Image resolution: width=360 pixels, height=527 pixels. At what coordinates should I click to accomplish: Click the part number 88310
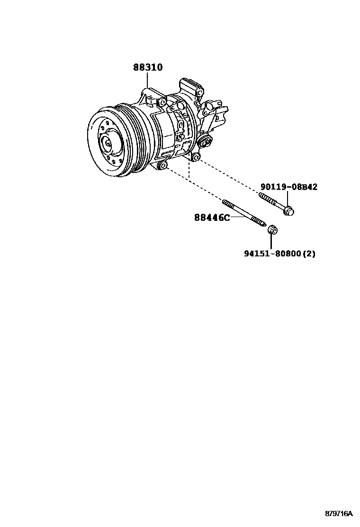(147, 68)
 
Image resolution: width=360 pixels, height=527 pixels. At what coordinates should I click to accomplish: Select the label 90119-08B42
(288, 187)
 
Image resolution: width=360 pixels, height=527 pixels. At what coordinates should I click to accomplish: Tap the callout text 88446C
(212, 218)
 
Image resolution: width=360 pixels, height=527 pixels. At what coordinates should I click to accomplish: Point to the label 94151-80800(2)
(279, 254)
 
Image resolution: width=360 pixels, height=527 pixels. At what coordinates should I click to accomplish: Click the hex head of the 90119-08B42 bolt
(288, 211)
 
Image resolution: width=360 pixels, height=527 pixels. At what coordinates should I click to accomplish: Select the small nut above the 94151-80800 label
(272, 230)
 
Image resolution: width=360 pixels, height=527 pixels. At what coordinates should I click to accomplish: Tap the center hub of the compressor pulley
(108, 142)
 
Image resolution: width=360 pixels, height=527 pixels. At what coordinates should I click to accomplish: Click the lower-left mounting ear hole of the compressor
(162, 165)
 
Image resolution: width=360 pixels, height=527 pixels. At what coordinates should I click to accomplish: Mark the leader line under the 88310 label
(147, 81)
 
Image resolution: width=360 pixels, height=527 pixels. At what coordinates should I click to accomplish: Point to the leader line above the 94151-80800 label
(271, 241)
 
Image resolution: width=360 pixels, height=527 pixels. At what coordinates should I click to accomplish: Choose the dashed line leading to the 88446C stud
(194, 185)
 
